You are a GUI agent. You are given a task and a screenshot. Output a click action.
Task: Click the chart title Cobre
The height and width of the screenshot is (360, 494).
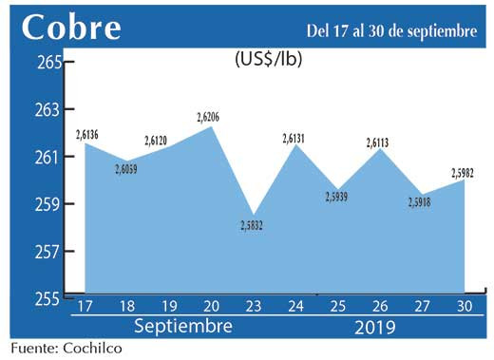[x=71, y=28]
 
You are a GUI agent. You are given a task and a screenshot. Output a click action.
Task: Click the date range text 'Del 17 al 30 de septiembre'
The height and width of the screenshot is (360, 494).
[x=391, y=31]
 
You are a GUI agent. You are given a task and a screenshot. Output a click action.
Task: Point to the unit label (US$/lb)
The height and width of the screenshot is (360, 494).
[x=268, y=58]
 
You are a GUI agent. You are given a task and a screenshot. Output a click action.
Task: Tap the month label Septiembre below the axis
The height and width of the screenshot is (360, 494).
[x=182, y=327]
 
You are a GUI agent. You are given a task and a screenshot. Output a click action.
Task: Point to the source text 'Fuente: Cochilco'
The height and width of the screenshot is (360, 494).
[x=66, y=349]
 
